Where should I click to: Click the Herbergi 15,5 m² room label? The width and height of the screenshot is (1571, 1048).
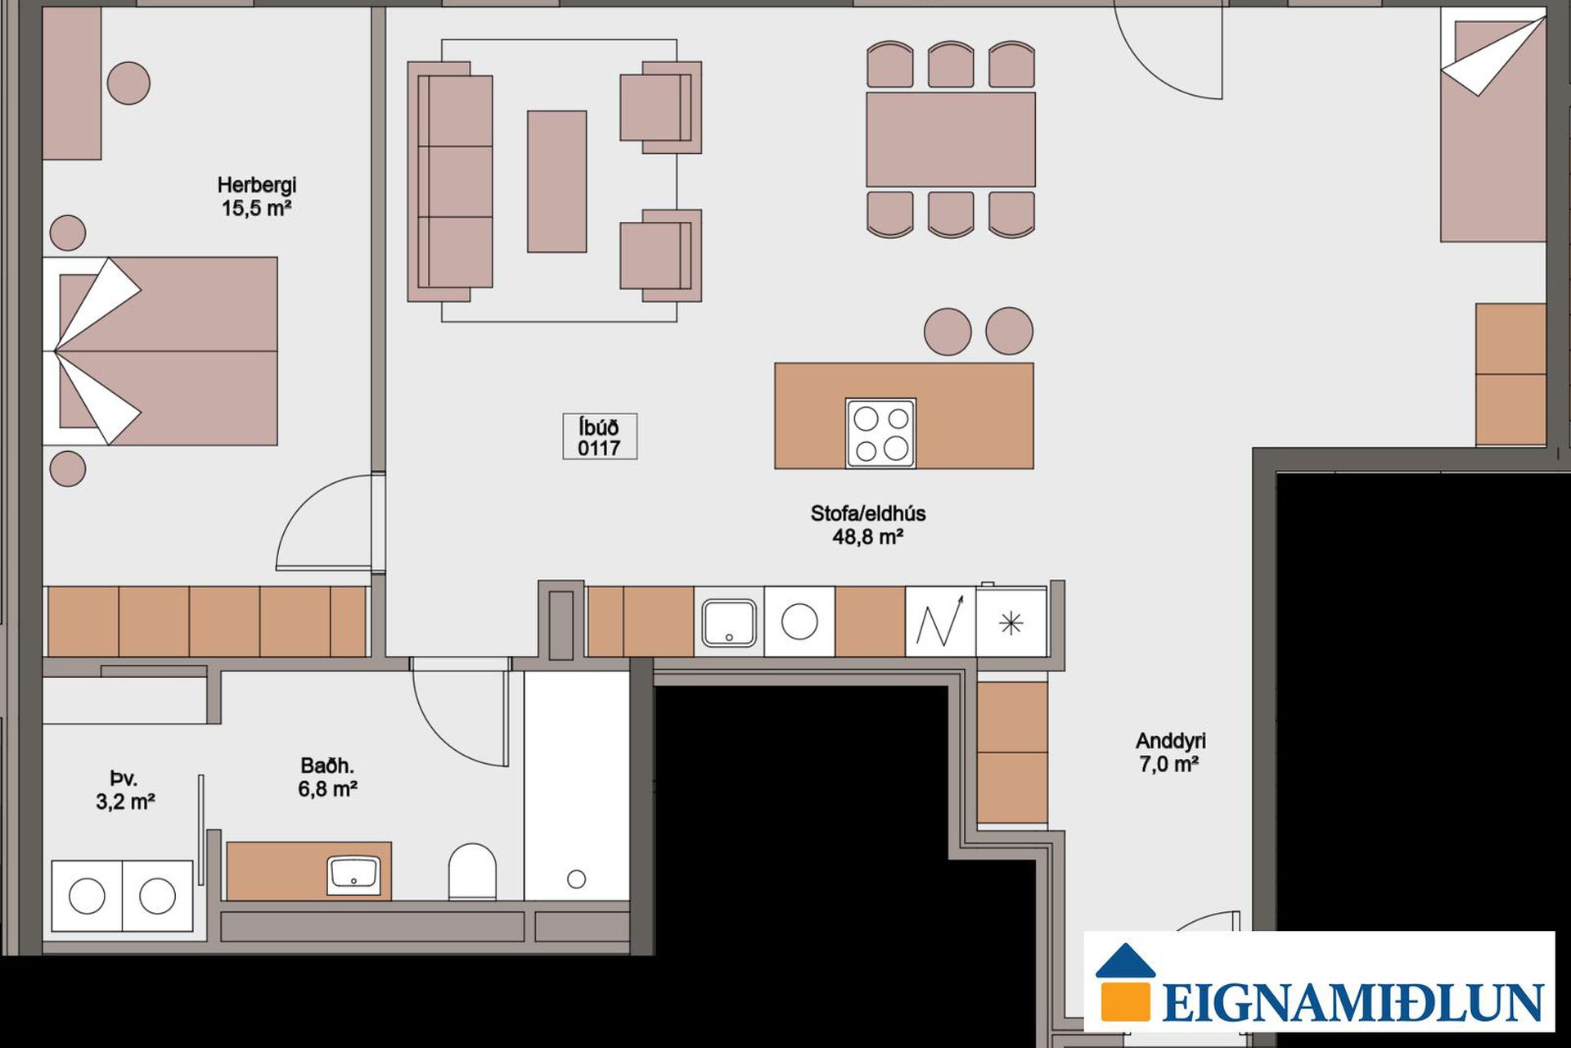click(x=257, y=196)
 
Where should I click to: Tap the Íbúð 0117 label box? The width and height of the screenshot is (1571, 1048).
click(x=600, y=436)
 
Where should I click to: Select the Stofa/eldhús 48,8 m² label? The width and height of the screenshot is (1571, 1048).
click(x=868, y=525)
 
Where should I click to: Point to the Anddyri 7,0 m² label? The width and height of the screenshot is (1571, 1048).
click(x=1170, y=752)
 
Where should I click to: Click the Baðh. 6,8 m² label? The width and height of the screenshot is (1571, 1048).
click(x=327, y=777)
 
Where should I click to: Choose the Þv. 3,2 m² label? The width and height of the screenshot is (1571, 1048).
click(x=125, y=790)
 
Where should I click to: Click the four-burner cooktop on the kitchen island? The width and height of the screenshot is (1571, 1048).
click(x=880, y=433)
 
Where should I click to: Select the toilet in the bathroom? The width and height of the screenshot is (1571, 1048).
click(x=472, y=872)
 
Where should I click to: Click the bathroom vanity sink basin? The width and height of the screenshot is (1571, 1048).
click(x=353, y=875)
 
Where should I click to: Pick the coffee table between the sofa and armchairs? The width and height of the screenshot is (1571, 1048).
click(x=556, y=181)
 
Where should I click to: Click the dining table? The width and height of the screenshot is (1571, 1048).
click(x=951, y=139)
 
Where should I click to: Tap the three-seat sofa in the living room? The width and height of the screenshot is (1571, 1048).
click(x=451, y=182)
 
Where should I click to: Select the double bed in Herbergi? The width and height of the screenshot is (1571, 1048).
click(x=160, y=351)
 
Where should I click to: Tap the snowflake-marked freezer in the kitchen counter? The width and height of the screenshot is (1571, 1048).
click(x=1011, y=623)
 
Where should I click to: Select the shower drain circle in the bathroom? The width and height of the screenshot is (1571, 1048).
click(x=577, y=879)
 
